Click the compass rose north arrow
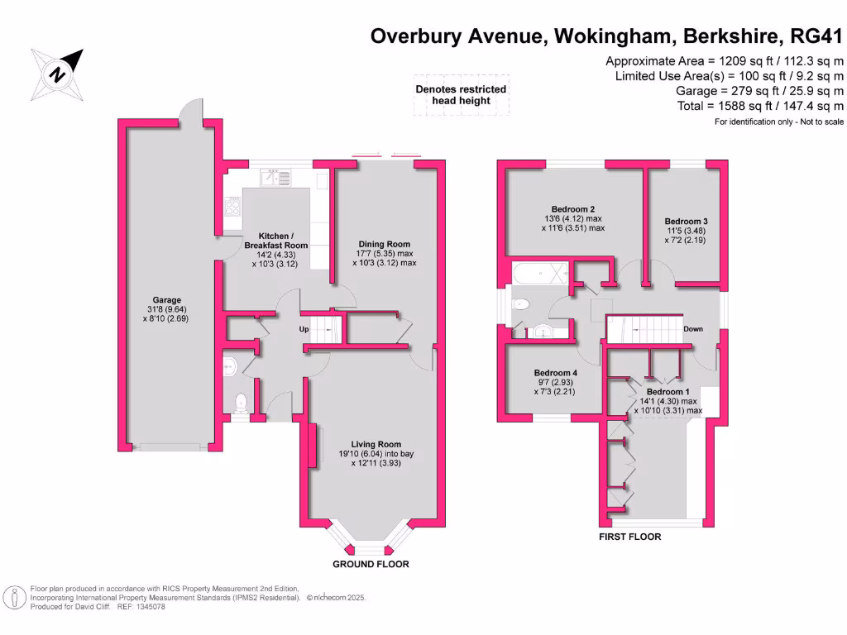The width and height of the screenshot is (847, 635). pyautogui.click(x=58, y=74)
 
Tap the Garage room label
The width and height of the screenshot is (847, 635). pyautogui.click(x=166, y=300)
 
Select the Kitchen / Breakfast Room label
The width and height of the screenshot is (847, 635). pyautogui.click(x=276, y=240)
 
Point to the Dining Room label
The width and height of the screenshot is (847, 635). pyautogui.click(x=383, y=244)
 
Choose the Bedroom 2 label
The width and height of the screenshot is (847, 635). pyautogui.click(x=573, y=209)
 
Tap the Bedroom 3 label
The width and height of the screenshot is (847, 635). pyautogui.click(x=686, y=222)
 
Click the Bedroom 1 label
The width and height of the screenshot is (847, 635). pyautogui.click(x=668, y=391)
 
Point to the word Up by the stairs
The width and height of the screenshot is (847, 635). pyautogui.click(x=304, y=329)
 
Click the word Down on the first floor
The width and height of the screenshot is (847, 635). pyautogui.click(x=693, y=329)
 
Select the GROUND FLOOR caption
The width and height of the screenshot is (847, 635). pyautogui.click(x=371, y=564)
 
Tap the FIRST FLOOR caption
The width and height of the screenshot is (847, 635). pyautogui.click(x=629, y=537)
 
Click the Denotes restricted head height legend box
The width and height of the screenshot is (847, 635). pyautogui.click(x=461, y=95)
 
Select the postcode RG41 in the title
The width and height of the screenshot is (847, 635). pyautogui.click(x=816, y=36)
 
